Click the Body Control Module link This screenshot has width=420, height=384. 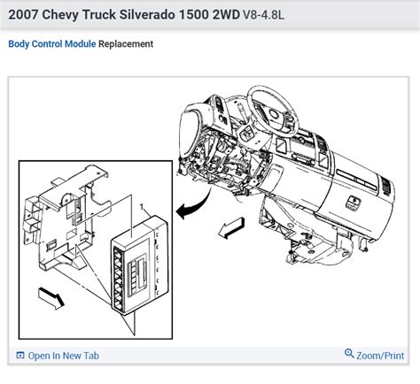pos(51,43)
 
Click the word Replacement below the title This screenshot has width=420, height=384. pos(125,43)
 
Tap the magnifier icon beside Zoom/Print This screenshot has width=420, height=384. pos(349,356)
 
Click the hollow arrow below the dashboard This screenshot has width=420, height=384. pos(231,227)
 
